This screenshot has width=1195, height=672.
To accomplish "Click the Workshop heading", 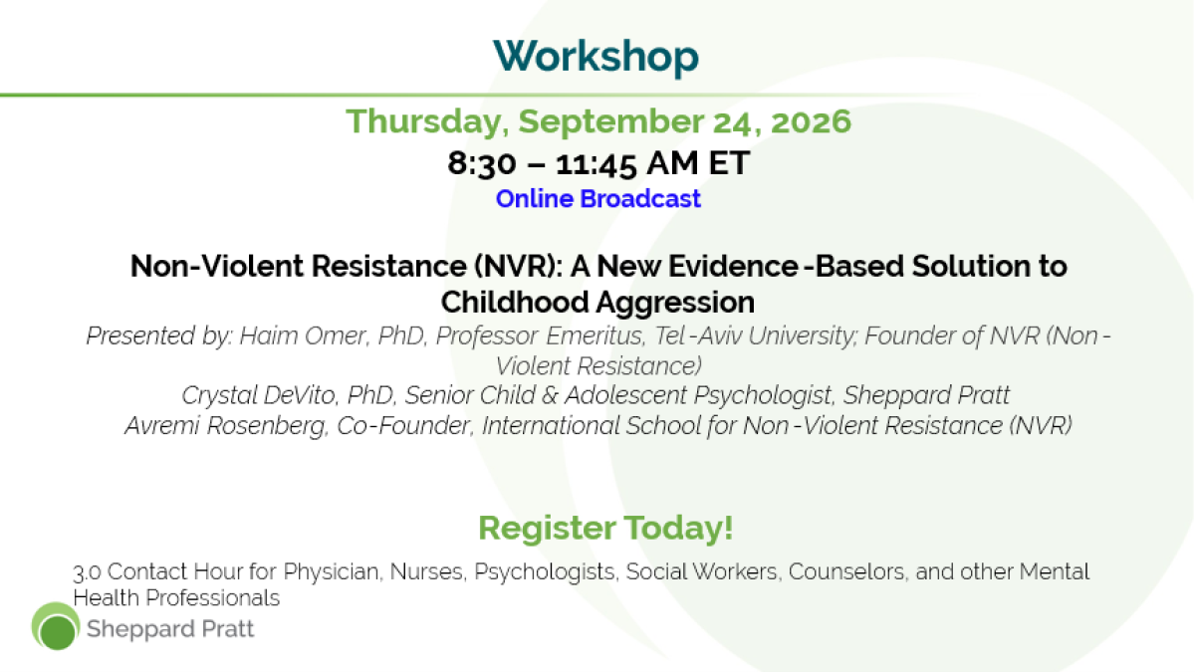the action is coord(596,57).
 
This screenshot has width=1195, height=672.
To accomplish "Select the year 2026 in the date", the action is coord(811,121).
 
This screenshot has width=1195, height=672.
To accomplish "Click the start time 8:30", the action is coord(482,163).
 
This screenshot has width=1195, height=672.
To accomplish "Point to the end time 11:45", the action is coord(596,163).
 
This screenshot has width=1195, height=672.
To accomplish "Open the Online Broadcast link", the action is coord(598,199).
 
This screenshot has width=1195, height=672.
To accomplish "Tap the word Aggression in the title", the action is coord(675,303).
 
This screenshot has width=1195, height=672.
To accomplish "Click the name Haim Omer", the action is coord(303,336).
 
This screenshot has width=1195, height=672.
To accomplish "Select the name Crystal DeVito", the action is coord(258,395).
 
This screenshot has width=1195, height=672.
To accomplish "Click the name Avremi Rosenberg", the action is coord(225,426).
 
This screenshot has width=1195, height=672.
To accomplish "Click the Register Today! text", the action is coord(605,528).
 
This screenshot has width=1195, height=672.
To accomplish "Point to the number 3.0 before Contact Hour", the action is coord(87,572).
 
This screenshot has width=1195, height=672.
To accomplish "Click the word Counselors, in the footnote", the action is coord(848,571).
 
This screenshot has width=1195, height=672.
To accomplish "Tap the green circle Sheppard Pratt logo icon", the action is coord(56,626).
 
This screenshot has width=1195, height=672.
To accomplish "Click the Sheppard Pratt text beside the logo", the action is coord(170,629).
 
